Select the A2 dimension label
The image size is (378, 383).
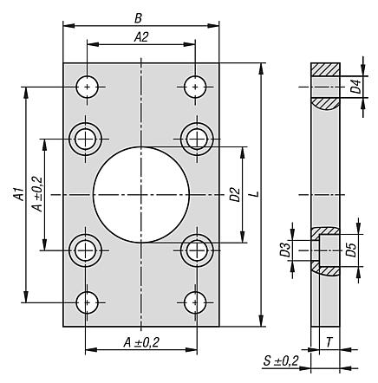(140, 37)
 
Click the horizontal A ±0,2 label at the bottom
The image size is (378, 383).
(141, 343)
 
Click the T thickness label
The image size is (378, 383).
(330, 341)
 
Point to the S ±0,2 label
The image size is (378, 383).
(280, 360)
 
